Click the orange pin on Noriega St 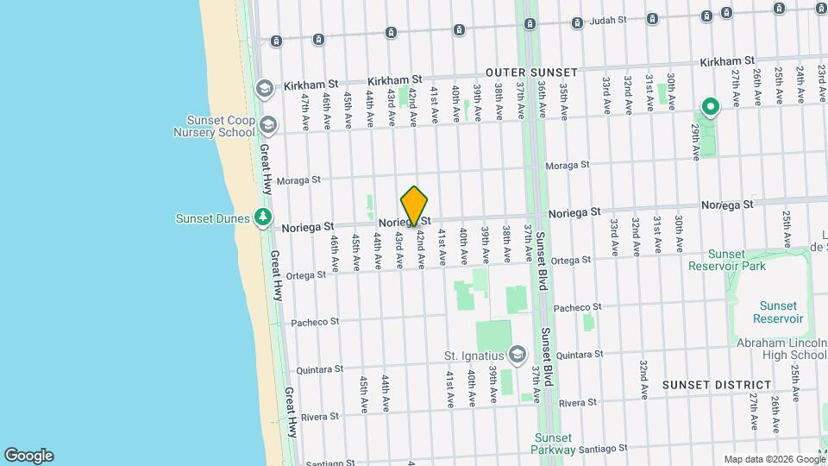tap(415, 206)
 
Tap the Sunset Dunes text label tap(212, 218)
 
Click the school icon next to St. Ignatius tap(517, 355)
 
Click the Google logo tap(28, 456)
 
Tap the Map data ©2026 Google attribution tap(774, 459)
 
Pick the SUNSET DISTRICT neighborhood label tap(717, 385)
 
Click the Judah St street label tap(605, 20)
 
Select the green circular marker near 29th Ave tap(711, 108)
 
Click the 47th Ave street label tap(304, 111)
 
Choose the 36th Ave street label tap(541, 102)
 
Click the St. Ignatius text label tap(474, 356)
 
